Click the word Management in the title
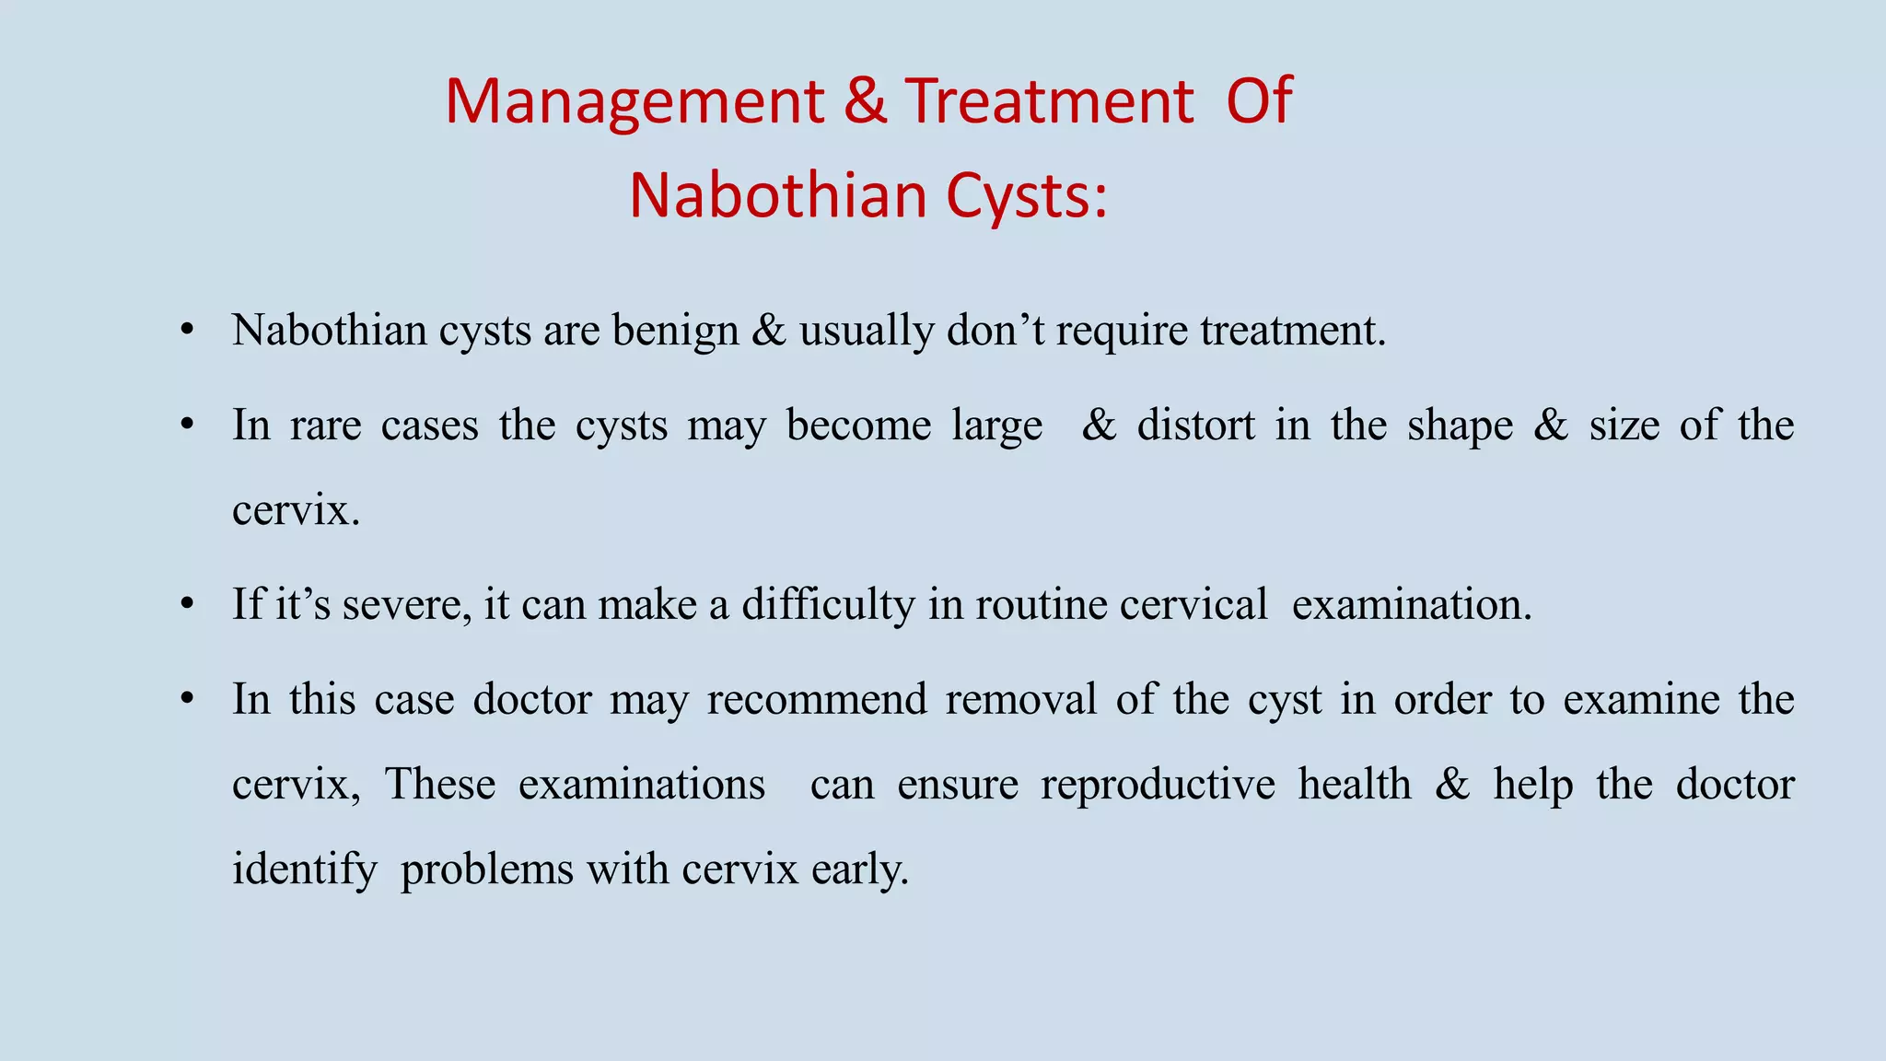tap(634, 101)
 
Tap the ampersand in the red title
tap(866, 101)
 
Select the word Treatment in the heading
tap(1049, 101)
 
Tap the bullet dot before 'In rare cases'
tap(188, 425)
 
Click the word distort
tap(1195, 426)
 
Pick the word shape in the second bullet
tap(1460, 426)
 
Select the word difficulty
tap(828, 605)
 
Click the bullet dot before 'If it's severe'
tap(188, 604)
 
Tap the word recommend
tap(817, 699)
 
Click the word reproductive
tap(1158, 785)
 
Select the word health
tap(1355, 785)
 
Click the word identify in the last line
tap(305, 869)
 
